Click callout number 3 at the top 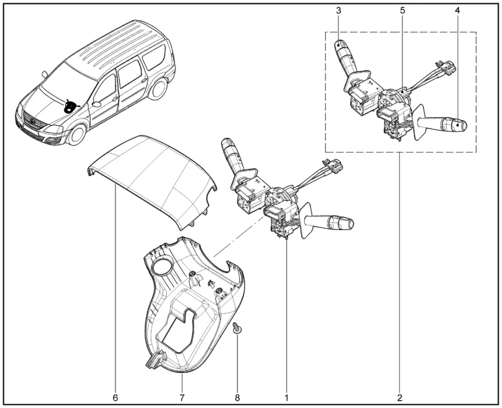point(338,10)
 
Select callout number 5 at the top point(402,10)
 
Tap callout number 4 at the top point(457,10)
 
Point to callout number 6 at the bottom point(115,398)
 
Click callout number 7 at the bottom point(182,398)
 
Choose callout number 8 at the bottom point(237,398)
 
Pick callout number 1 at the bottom point(287,398)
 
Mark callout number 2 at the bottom point(400,398)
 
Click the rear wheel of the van point(158,89)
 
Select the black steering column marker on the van point(70,106)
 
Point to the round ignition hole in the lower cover point(162,266)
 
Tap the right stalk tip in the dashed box point(460,124)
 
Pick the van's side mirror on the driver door point(96,104)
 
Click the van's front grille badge point(33,121)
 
